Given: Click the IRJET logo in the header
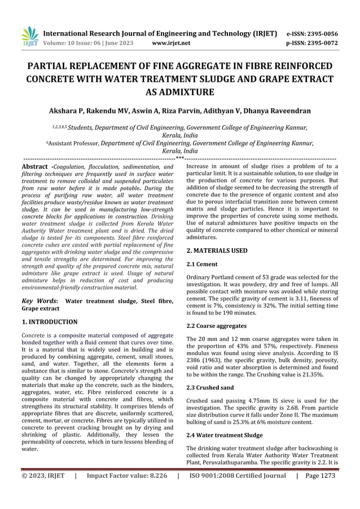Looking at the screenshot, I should tap(29, 37).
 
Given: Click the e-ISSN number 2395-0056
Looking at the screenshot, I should tap(322, 33).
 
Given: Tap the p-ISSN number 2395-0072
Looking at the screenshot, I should tap(322, 42).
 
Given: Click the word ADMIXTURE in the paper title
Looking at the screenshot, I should tap(180, 92).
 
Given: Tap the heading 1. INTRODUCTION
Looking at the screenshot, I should tap(49, 322).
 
